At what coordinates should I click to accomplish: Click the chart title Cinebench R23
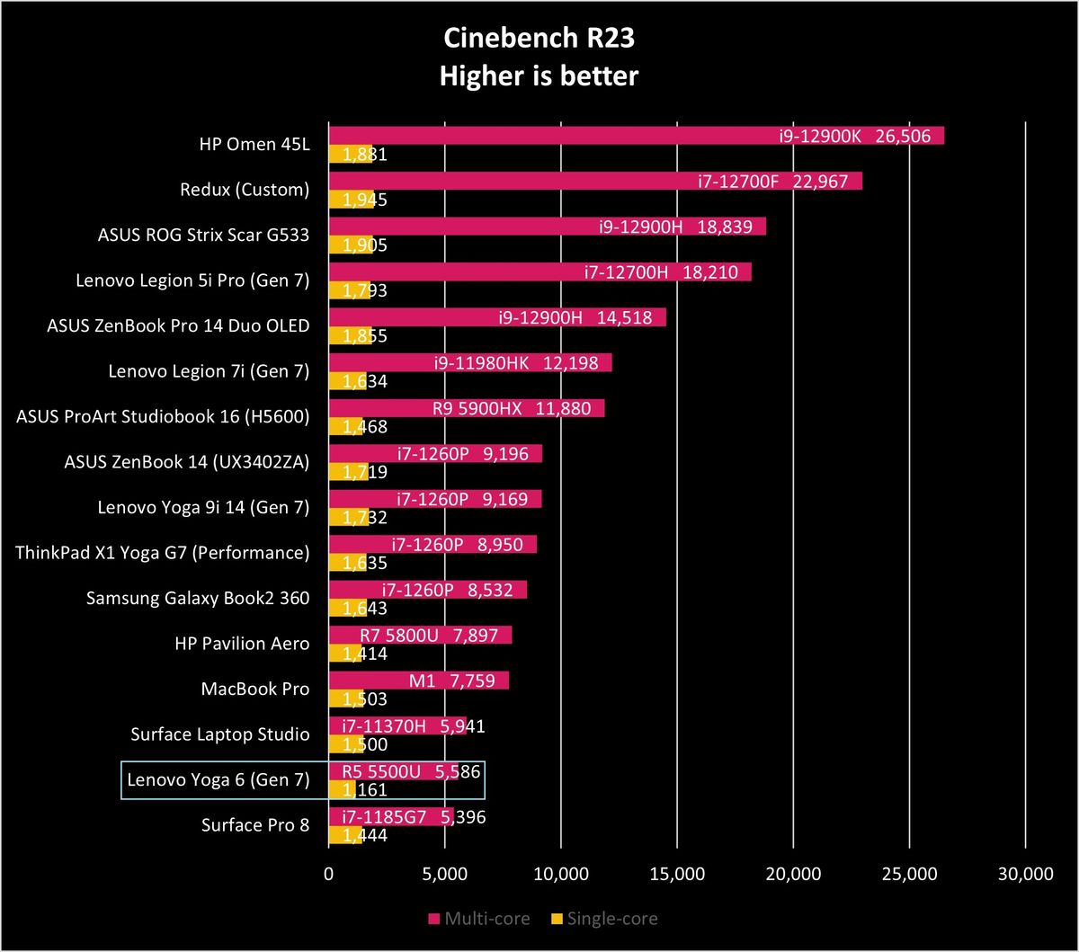pos(539,39)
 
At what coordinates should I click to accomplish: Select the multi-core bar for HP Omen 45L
pos(637,135)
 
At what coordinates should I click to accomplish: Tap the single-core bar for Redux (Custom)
pos(352,200)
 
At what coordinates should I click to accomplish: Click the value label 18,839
pos(725,227)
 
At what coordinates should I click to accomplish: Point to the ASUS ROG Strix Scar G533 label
pos(203,235)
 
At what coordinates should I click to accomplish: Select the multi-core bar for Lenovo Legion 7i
pos(470,362)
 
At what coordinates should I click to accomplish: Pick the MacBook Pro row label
pos(255,689)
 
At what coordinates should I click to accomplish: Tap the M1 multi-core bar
pos(419,681)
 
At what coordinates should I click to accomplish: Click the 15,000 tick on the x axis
pos(677,874)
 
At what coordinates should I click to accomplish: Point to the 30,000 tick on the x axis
pos(1025,874)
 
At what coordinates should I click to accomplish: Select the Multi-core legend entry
pos(479,919)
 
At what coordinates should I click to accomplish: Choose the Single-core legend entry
pos(604,919)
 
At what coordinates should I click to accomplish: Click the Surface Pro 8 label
pos(255,824)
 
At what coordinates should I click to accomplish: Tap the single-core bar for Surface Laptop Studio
pos(346,743)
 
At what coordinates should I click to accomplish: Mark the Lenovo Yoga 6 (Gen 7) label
pos(218,779)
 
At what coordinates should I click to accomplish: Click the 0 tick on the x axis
pos(328,874)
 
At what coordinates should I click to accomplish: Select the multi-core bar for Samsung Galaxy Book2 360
pos(428,590)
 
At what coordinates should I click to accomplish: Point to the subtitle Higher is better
pos(539,76)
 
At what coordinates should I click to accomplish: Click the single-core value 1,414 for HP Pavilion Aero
pos(365,654)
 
